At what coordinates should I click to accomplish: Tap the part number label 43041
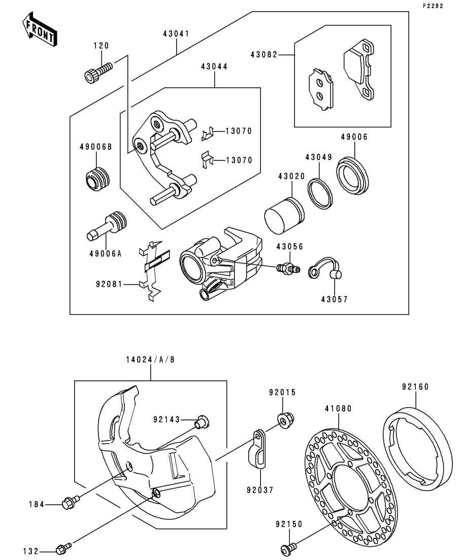(x=176, y=34)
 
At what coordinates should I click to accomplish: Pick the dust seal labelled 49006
(x=353, y=175)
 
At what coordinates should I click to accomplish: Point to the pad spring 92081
(x=152, y=269)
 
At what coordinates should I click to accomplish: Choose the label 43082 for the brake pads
(x=264, y=54)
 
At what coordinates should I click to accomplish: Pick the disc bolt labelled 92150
(x=288, y=548)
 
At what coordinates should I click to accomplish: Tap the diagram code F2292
(x=433, y=6)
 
